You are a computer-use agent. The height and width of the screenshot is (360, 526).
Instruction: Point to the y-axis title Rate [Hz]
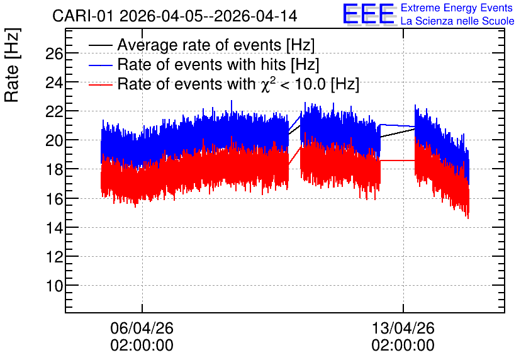coord(12,65)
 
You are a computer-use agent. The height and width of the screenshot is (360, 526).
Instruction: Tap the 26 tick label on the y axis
coord(54,53)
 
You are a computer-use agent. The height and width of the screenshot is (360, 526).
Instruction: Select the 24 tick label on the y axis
coord(54,82)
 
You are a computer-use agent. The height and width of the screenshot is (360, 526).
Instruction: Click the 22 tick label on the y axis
coord(54,112)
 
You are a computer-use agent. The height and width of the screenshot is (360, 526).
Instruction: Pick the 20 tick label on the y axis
coord(54,140)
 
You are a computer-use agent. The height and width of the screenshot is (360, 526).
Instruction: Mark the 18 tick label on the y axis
coord(54,170)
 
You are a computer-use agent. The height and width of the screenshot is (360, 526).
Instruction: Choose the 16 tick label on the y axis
coord(54,199)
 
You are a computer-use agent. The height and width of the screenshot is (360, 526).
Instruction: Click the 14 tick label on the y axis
coord(54,228)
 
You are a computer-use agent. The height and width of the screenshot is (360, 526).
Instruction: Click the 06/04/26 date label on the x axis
coord(142,328)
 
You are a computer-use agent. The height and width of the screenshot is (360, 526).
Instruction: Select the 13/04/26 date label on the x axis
coord(403,328)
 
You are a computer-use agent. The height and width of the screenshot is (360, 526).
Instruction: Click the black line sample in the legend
coord(100,45)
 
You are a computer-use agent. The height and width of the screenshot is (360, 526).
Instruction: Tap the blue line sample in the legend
coord(100,65)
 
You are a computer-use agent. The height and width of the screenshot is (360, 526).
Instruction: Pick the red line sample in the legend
coord(100,84)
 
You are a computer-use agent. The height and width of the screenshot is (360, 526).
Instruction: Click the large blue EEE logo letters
coord(368,14)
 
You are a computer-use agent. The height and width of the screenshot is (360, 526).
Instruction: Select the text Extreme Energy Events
coord(457,8)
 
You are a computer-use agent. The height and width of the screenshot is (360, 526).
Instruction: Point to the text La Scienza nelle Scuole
coord(457,21)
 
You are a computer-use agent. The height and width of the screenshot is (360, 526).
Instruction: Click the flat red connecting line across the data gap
coord(398,160)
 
